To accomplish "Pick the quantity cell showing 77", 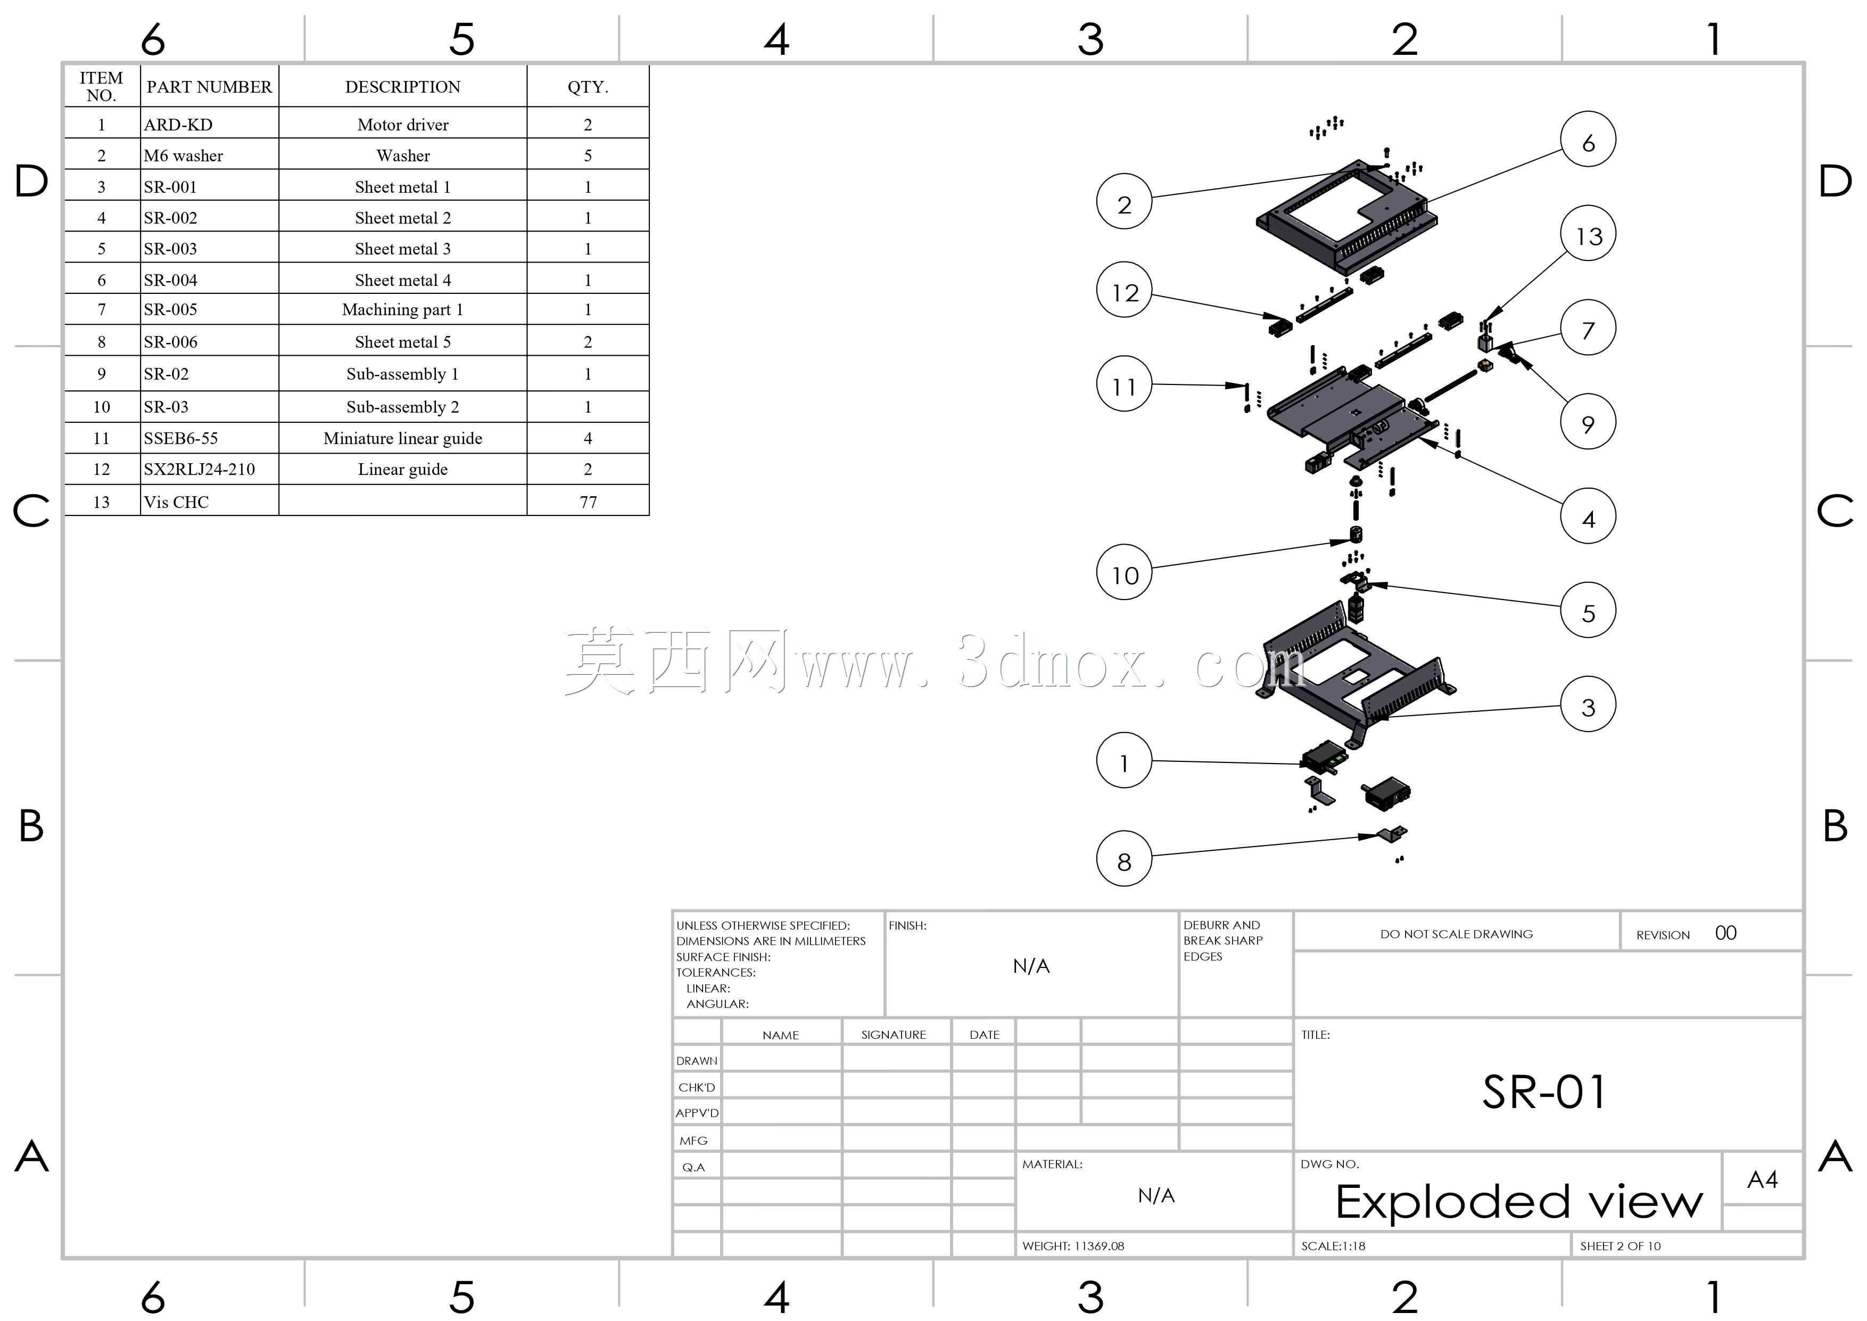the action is [x=588, y=502].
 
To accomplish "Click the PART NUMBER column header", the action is [x=209, y=87].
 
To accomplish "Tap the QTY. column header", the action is [x=588, y=87].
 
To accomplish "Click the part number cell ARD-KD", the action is [x=178, y=125].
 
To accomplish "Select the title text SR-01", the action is [x=1543, y=1092].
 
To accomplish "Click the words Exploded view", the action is [x=1519, y=1201].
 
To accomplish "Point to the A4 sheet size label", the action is [x=1762, y=1179].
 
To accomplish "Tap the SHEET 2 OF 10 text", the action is [x=1620, y=1246].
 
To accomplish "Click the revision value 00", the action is [x=1725, y=933].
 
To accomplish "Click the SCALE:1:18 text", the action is [x=1333, y=1246].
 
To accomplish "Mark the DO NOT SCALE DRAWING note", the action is [x=1456, y=934].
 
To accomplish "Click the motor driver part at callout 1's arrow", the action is [x=1323, y=759].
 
